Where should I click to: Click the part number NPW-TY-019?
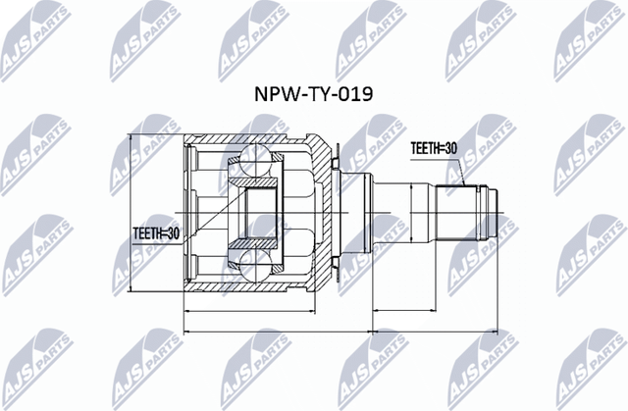314,94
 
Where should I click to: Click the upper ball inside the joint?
256,156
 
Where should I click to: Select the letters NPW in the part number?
276,94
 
